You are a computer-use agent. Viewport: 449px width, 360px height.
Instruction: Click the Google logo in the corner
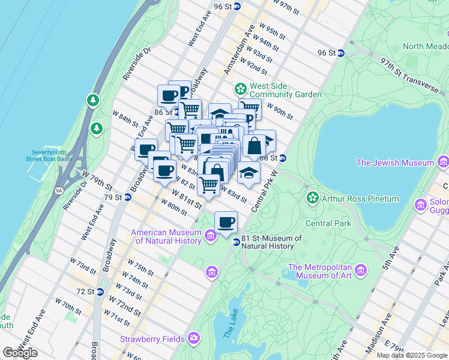coord(20,353)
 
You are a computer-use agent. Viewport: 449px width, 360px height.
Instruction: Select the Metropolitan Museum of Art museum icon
coord(360,271)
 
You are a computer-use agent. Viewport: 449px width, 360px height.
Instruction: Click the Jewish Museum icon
coord(443,162)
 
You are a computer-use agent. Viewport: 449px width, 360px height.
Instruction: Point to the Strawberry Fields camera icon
coord(194,338)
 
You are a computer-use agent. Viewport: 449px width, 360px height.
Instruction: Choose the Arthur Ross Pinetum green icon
coord(312,198)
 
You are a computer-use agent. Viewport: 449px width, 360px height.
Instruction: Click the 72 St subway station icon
coord(100,292)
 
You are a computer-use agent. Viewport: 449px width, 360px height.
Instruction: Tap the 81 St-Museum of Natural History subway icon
coord(237,242)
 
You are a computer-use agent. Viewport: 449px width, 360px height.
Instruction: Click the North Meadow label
coord(425,46)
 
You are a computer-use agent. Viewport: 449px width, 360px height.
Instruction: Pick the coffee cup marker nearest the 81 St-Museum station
coord(226,222)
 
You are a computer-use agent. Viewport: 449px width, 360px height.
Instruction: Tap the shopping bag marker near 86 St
coord(254,146)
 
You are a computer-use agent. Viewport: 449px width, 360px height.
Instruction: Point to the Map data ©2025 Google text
coord(412,355)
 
